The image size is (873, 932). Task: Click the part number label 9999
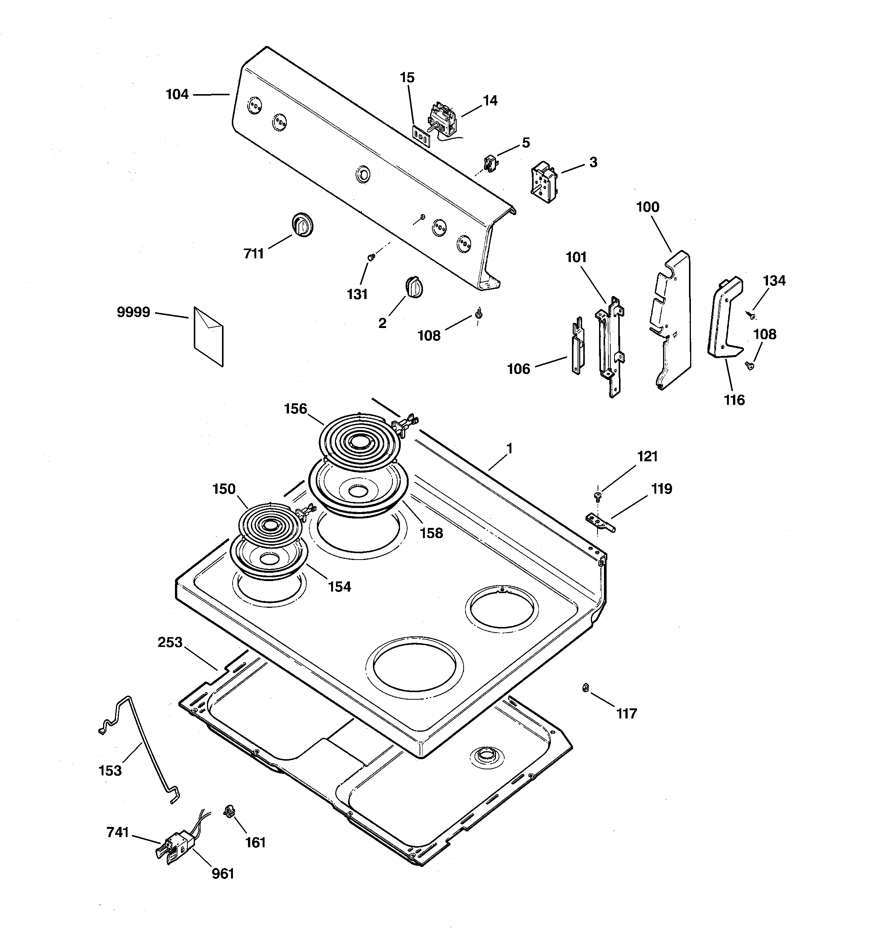click(134, 312)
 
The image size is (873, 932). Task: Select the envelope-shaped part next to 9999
click(208, 336)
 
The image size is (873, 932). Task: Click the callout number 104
click(177, 95)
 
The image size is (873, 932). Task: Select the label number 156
click(295, 409)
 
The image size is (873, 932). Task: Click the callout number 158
click(431, 533)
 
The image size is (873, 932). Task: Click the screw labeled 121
click(598, 496)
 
